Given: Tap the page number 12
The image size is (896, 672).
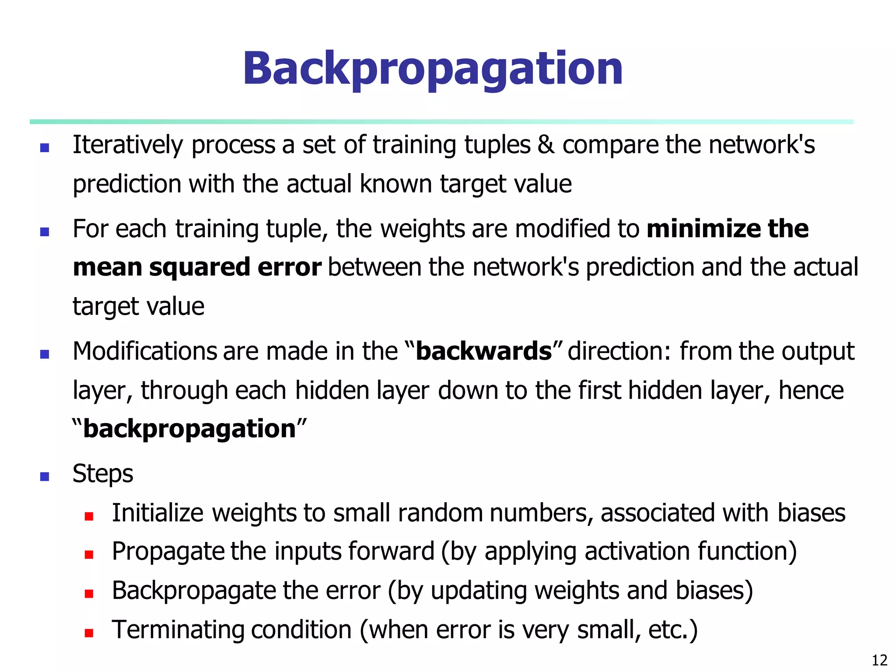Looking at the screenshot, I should pyautogui.click(x=879, y=660).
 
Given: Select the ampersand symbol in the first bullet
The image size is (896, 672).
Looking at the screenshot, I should pyautogui.click(x=546, y=145).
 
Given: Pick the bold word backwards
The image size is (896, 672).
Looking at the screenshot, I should pyautogui.click(x=483, y=351).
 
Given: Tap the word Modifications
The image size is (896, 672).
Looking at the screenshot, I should pyautogui.click(x=144, y=351).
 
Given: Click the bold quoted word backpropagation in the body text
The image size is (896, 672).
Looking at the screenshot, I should pyautogui.click(x=189, y=429).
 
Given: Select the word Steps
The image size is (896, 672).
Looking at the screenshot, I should pyautogui.click(x=103, y=474).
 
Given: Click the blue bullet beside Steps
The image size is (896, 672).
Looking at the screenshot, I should pyautogui.click(x=44, y=476).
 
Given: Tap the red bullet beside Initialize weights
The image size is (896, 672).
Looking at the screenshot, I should pyautogui.click(x=89, y=517).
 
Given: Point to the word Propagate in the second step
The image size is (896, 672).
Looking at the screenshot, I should pyautogui.click(x=168, y=552).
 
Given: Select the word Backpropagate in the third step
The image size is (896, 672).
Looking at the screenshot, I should pyautogui.click(x=194, y=591).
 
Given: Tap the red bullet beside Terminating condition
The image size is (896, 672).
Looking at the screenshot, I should pyautogui.click(x=89, y=633).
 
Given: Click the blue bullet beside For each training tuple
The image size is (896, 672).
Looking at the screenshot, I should pyautogui.click(x=44, y=231).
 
